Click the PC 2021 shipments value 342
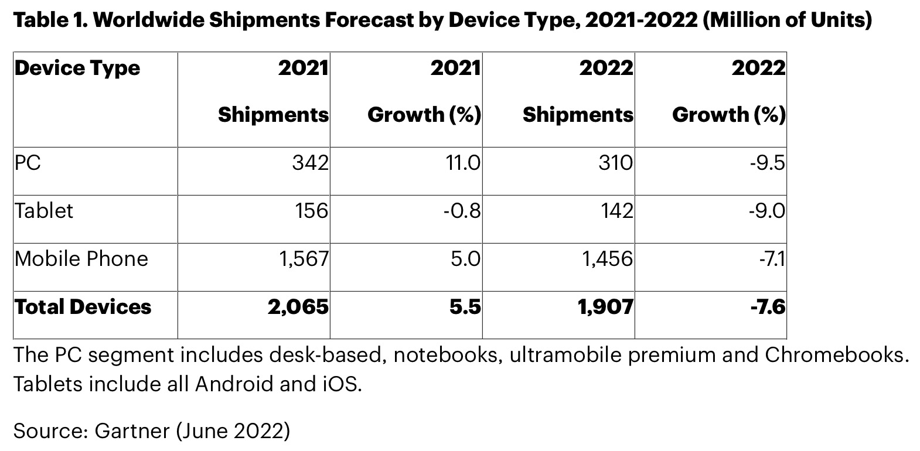(310, 162)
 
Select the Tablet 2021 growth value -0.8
(462, 210)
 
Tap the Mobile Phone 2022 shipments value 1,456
(607, 258)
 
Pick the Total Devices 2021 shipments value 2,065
(298, 306)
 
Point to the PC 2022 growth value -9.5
(767, 162)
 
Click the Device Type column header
(77, 68)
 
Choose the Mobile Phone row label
(81, 258)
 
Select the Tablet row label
(44, 210)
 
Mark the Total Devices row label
(83, 306)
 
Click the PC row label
(28, 162)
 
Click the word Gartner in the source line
(132, 430)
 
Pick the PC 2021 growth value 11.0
(463, 162)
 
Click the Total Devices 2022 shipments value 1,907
(606, 306)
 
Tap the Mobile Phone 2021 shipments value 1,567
(302, 258)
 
